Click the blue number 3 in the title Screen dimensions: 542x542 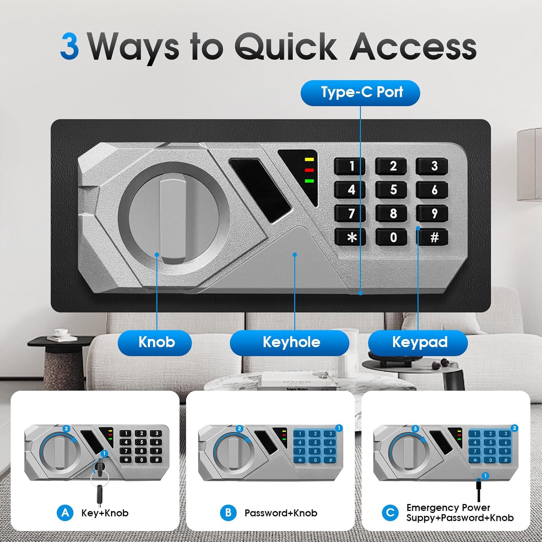tap(69, 46)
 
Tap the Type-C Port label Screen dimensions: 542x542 tap(360, 93)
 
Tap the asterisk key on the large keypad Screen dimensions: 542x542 tap(350, 237)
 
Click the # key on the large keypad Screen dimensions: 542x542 tap(433, 237)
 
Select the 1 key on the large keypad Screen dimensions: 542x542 tap(350, 166)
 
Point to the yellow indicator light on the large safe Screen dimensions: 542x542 tap(309, 159)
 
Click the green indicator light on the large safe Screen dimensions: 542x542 tap(309, 181)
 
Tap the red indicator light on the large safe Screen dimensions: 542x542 tap(309, 170)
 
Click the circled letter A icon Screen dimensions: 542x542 tap(65, 513)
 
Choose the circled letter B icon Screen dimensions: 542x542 tap(228, 513)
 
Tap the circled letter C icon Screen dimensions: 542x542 tap(390, 513)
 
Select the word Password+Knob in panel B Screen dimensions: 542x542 tap(281, 513)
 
